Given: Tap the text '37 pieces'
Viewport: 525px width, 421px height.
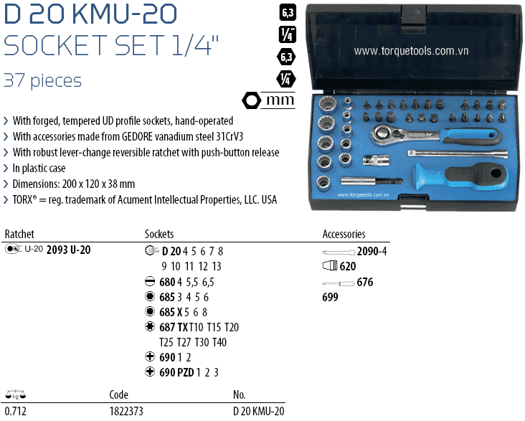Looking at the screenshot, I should coord(43,80).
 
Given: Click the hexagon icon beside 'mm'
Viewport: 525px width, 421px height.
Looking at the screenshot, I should coord(252,100).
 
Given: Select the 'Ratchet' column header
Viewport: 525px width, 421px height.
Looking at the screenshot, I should coord(19,235).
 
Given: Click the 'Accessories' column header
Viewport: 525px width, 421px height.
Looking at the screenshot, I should coord(344,235).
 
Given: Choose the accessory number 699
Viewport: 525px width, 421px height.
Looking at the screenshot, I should coord(330,298).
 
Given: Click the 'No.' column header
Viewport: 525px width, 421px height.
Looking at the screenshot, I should coord(240,395).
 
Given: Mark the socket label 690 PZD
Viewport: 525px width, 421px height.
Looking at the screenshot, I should coord(176,372).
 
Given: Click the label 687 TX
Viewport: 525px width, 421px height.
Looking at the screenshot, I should coord(174,327).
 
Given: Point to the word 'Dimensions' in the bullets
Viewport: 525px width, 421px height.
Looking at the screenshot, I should coord(37,184).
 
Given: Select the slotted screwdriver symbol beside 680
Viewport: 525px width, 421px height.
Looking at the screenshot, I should coord(150,282).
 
